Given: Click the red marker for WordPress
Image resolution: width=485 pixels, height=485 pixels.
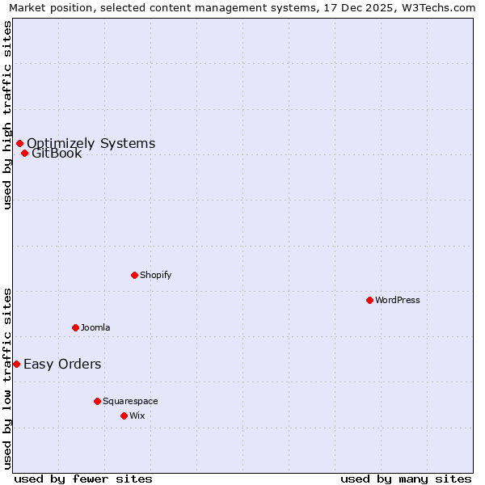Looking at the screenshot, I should click(369, 300).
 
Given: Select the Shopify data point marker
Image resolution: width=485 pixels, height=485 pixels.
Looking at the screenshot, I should click(134, 275).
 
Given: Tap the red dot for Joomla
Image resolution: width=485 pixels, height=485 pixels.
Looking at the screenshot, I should click(75, 327).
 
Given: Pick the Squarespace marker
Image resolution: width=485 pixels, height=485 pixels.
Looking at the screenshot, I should click(97, 401).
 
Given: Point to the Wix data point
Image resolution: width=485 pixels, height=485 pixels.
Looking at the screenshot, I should click(124, 415).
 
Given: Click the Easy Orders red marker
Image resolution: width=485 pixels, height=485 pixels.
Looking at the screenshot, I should click(16, 364).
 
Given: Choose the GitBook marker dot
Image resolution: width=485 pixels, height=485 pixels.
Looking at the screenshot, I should click(24, 154).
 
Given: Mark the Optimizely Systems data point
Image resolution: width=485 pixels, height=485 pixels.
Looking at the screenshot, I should click(19, 144).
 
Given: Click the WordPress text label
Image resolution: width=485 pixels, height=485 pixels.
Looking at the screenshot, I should click(398, 300).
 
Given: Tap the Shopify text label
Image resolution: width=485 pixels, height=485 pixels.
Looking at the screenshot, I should click(156, 275).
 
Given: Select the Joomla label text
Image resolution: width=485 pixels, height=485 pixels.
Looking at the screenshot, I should click(95, 327).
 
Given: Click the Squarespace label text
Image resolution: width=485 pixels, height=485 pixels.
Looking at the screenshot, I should click(130, 401).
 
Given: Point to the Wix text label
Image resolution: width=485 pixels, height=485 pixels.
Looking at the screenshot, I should click(137, 415).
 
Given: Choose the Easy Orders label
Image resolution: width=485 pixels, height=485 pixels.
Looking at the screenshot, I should click(62, 364).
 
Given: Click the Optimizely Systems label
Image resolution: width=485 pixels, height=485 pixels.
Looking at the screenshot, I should click(91, 144).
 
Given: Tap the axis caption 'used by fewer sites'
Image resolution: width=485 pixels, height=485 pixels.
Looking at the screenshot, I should click(83, 479).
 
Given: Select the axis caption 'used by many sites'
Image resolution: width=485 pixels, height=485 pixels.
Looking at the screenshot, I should click(406, 479).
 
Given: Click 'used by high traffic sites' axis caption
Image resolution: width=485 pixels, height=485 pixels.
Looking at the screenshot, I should click(7, 115).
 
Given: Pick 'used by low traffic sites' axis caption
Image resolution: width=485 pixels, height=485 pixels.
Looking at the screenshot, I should click(7, 378).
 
